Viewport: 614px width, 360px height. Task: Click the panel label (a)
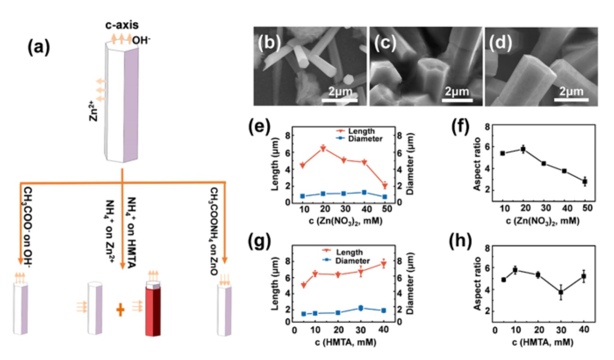coord(39,47)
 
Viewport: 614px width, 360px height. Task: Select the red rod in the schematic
coord(153,312)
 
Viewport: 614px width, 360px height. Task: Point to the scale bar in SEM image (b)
coord(340,100)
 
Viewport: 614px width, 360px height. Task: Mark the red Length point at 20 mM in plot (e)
coord(323,149)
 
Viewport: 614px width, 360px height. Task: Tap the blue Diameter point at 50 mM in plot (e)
coord(385,197)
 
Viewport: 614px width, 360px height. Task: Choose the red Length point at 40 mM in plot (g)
coord(384,265)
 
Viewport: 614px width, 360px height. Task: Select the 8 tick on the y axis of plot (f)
coord(487,127)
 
